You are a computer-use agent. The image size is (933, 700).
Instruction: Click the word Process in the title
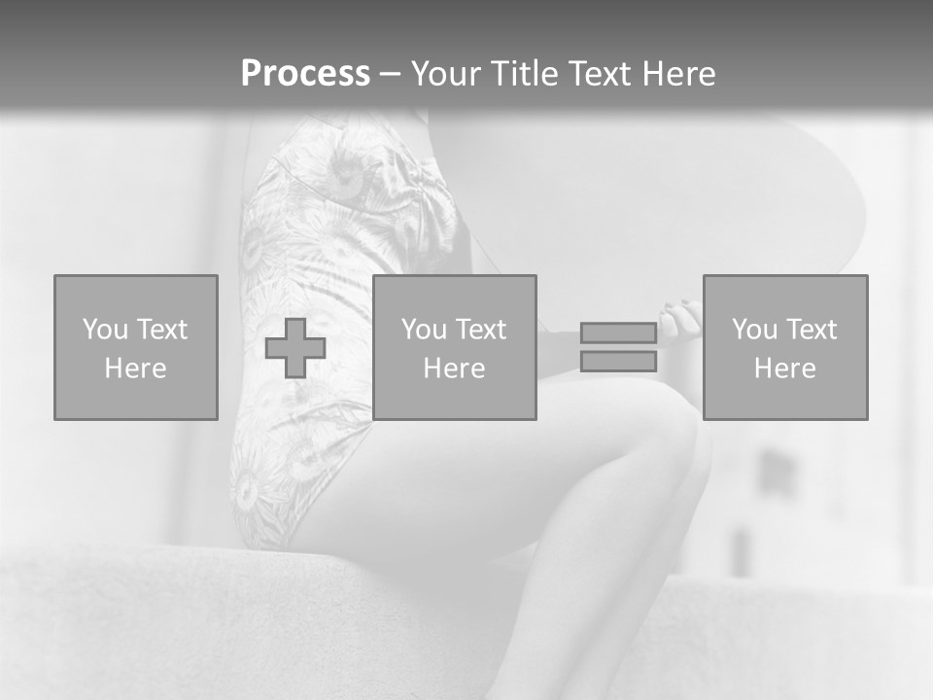point(305,74)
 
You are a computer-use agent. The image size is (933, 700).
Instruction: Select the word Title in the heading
point(525,74)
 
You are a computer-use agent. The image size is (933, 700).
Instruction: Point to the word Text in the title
point(598,74)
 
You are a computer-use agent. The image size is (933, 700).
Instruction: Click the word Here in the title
point(677,74)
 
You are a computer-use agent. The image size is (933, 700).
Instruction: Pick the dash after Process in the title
point(390,75)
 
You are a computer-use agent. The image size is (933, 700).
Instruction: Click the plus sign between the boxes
point(295,348)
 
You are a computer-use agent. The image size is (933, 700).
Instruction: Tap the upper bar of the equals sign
point(618,332)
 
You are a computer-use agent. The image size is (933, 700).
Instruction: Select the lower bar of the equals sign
point(618,362)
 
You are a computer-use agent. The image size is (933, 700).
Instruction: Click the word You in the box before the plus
point(105,329)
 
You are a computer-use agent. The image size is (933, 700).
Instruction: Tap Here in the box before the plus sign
point(135,368)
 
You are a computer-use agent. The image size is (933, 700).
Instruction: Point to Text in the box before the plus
point(161,329)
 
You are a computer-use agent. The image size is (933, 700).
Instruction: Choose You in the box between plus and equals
point(424,330)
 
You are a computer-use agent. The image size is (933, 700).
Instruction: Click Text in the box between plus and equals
point(480,330)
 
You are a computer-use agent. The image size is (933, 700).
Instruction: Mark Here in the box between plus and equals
point(454,368)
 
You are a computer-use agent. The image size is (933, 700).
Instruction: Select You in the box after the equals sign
point(754,330)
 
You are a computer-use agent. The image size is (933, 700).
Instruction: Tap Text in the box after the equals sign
point(811,330)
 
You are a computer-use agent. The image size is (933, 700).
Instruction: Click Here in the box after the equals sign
point(784,368)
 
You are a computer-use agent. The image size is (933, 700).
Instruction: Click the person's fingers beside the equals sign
point(681,320)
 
